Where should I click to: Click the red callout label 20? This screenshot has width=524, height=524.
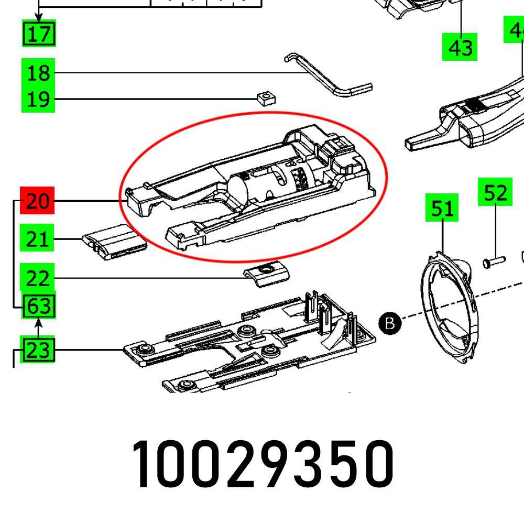pyautogui.click(x=38, y=201)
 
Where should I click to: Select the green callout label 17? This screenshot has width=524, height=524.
pyautogui.click(x=39, y=34)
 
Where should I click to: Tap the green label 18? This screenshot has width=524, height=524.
pyautogui.click(x=38, y=73)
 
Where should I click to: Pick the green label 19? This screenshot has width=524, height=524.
pyautogui.click(x=38, y=99)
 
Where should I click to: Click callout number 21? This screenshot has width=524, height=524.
pyautogui.click(x=38, y=239)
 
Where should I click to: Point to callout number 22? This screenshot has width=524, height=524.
pyautogui.click(x=38, y=278)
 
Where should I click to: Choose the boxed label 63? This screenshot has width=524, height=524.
pyautogui.click(x=39, y=307)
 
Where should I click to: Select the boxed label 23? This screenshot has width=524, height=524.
pyautogui.click(x=38, y=350)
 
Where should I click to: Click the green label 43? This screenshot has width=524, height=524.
pyautogui.click(x=460, y=48)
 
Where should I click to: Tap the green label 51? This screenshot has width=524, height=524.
pyautogui.click(x=442, y=209)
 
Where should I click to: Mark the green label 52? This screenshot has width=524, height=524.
pyautogui.click(x=495, y=193)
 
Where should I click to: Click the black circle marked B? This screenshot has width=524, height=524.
pyautogui.click(x=389, y=323)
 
